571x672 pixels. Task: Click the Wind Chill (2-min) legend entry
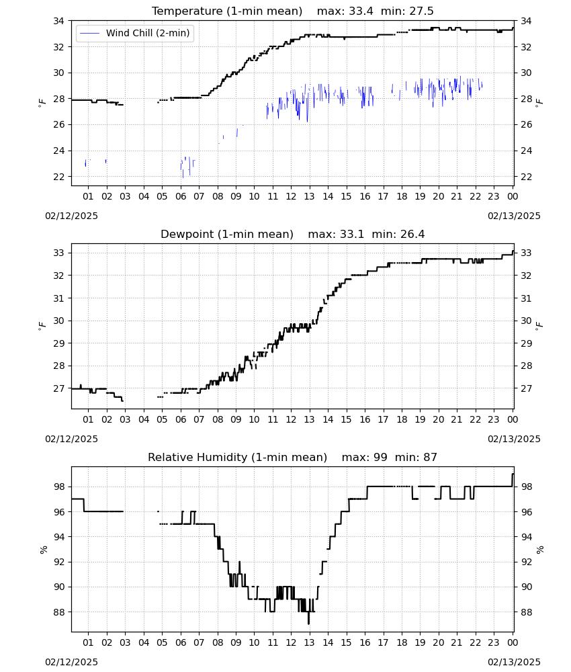135,33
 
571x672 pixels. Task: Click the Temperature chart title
226,11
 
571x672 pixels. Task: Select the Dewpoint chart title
227,234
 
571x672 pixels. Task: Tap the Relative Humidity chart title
237,457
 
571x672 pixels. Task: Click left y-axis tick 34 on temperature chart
58,21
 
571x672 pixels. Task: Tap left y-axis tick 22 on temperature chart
58,177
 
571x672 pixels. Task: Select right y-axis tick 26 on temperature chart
526,125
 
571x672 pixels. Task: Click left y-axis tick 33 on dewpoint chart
58,253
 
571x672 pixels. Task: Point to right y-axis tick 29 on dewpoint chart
526,343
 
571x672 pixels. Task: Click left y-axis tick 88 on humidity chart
58,612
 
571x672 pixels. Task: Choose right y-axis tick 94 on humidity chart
526,537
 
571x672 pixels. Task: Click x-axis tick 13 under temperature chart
309,196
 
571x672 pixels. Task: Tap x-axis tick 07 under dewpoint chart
199,419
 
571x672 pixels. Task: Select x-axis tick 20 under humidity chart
438,642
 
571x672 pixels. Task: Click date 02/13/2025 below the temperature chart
514,216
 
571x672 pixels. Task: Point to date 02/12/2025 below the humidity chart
71,662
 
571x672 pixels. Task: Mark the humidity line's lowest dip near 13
308,624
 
